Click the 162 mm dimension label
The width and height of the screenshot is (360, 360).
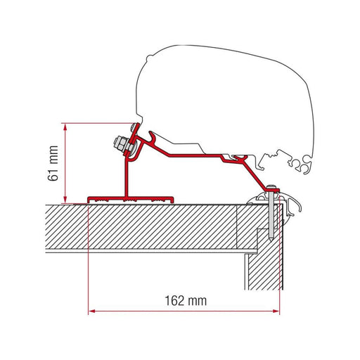tap(188, 300)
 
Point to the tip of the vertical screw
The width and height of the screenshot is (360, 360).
tap(271, 238)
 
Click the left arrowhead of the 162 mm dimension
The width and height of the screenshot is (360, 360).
tap(91, 310)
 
